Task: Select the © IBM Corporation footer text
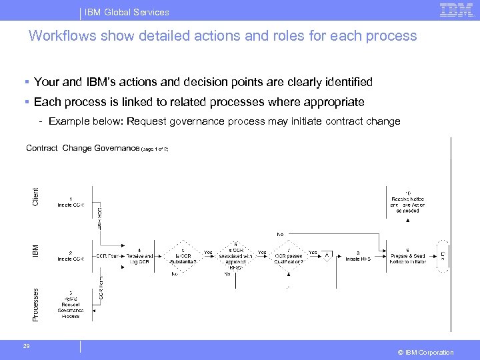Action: tap(425, 353)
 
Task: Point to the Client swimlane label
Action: tap(35, 196)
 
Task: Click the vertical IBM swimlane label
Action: tap(35, 251)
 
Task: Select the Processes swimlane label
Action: tap(35, 303)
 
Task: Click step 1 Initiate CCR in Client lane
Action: tap(70, 202)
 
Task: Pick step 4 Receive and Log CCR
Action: tap(139, 256)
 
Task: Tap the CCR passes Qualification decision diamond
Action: tap(289, 256)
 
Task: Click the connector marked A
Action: tap(327, 255)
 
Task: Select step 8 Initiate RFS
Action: tap(358, 256)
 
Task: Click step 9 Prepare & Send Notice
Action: tap(407, 256)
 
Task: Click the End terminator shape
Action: tap(442, 255)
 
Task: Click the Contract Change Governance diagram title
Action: tap(83, 148)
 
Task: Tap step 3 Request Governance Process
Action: tap(70, 305)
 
